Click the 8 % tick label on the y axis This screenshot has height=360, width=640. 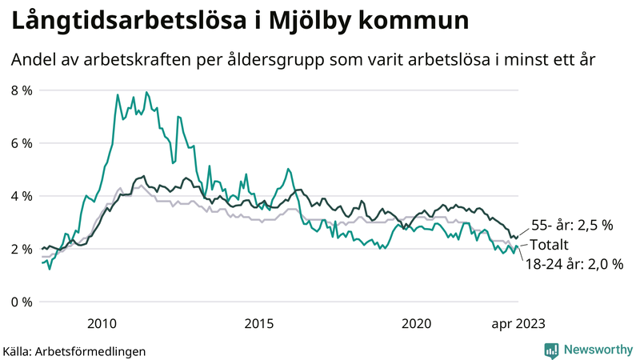coord(21,90)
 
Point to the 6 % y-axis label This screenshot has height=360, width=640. coord(21,143)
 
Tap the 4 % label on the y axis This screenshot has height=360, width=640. coord(21,196)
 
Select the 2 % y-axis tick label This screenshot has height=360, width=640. coord(21,249)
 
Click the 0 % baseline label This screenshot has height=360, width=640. coord(21,302)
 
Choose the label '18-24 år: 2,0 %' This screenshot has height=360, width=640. coord(574,263)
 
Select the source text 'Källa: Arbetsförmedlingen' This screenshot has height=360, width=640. coord(74,350)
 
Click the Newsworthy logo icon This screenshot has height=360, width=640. coord(551,350)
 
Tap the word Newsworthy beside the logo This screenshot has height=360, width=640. coord(599,350)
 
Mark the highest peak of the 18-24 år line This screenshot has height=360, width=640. coord(146,92)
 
